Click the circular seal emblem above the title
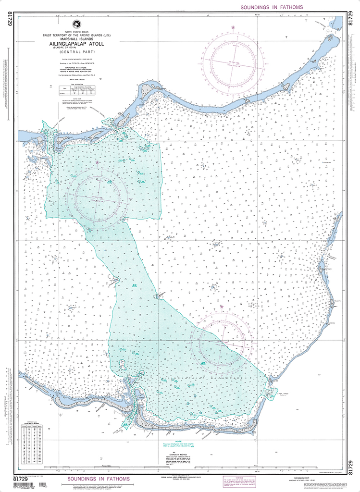coord(76,25)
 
